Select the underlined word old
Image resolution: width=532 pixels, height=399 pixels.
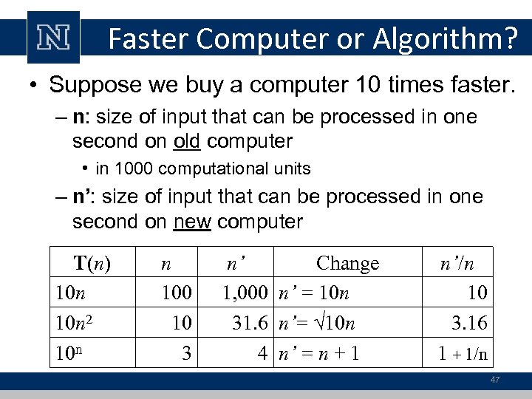point(199,140)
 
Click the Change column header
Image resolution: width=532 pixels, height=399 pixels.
point(347,263)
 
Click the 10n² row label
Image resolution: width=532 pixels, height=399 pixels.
point(78,323)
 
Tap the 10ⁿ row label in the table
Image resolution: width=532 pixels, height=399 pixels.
point(73,352)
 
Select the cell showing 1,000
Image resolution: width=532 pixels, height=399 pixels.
point(245,293)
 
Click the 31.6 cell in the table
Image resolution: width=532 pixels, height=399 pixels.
point(248,323)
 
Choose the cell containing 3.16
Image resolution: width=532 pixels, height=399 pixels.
point(469,323)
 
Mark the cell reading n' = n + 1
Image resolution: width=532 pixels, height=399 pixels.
point(318,353)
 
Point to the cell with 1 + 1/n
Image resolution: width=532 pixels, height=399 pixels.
point(463,353)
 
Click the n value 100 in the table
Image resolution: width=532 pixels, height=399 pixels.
point(177,293)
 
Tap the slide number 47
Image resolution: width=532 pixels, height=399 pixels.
point(494,381)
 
